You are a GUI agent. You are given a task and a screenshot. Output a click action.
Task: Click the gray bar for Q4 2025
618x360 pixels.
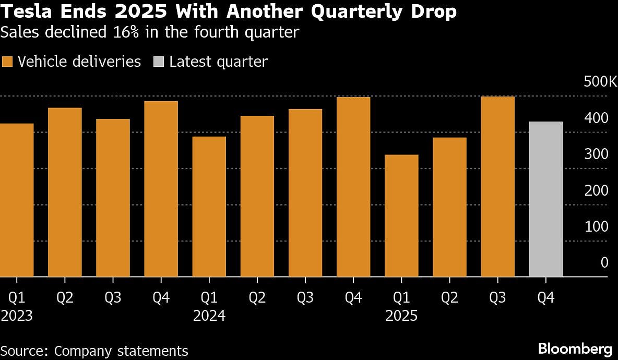pos(545,199)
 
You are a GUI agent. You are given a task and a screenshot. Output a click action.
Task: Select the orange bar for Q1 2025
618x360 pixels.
pos(401,215)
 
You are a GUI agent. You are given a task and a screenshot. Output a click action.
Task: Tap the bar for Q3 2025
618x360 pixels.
pos(497,186)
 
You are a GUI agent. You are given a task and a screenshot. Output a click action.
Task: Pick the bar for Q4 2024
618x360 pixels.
pos(353,187)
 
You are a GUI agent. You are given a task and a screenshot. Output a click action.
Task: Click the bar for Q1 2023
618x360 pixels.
pos(17,200)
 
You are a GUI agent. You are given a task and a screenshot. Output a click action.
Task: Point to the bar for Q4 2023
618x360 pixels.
pos(161,189)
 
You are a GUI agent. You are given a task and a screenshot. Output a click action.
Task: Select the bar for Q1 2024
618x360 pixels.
pos(209,207)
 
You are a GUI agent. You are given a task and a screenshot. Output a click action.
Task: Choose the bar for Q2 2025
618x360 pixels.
pos(449,207)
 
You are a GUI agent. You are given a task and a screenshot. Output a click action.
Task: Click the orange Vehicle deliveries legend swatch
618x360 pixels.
pos(7,62)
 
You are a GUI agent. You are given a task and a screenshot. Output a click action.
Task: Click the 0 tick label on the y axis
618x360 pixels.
pos(604,262)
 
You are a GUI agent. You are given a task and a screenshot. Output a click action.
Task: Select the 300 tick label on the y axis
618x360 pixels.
pos(597,154)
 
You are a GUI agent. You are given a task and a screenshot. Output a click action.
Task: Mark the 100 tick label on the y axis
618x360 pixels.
pos(597,226)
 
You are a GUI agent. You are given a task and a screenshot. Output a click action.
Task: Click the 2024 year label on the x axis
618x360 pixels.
pos(209,316)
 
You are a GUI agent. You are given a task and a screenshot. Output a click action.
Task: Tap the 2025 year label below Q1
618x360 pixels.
pos(401,316)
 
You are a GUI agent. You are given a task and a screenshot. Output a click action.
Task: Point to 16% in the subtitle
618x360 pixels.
pos(136,32)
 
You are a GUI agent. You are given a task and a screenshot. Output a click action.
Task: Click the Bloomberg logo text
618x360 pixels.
pos(575,349)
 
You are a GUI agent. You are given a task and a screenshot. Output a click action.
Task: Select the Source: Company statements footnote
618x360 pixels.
pos(94,351)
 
